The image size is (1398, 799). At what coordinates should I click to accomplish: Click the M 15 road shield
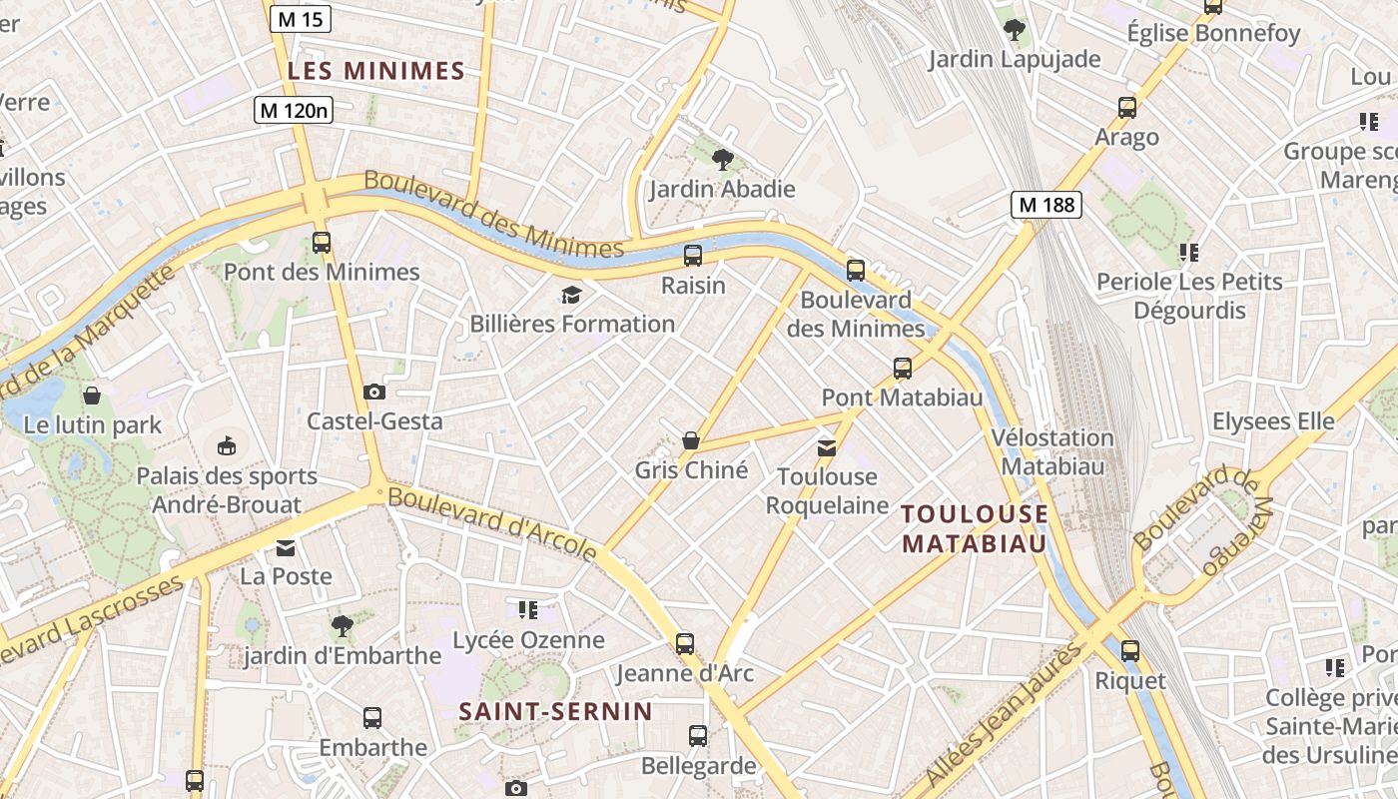tap(300, 19)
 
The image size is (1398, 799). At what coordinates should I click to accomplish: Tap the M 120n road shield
tap(293, 110)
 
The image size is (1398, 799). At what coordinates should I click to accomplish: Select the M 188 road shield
tap(1047, 206)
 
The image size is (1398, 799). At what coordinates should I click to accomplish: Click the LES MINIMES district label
tap(376, 71)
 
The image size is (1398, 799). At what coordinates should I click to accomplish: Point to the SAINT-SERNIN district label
tap(555, 712)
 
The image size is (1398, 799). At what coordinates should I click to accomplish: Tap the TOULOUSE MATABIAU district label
tap(975, 528)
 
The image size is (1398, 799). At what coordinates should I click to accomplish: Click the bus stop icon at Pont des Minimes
tap(322, 243)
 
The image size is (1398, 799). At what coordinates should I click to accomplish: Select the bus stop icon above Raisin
tap(693, 256)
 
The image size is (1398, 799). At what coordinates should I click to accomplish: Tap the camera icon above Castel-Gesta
tap(374, 392)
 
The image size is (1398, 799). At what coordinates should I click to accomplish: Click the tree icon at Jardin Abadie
tap(723, 159)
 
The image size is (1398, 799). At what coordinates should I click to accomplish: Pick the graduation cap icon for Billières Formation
tap(571, 295)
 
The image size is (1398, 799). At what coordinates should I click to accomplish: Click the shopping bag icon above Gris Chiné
tap(690, 440)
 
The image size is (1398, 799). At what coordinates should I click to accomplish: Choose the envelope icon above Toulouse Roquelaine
tap(827, 447)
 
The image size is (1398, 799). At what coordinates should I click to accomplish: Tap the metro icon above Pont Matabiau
tap(903, 369)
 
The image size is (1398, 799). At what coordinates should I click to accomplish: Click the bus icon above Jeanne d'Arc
tap(685, 644)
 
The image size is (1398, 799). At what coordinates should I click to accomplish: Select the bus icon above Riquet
tap(1130, 651)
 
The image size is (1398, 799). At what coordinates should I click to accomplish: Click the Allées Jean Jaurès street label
tap(1004, 715)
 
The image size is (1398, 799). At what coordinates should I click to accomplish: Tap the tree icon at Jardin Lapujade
tap(1015, 30)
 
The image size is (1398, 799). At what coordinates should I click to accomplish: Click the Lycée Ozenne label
tap(529, 640)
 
